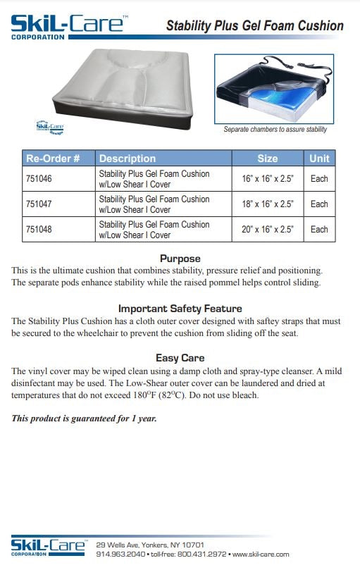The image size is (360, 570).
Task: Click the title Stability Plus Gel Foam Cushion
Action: click(254, 26)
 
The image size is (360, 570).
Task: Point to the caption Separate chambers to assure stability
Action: click(275, 130)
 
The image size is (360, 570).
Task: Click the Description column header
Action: click(127, 158)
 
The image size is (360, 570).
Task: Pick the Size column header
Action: click(267, 158)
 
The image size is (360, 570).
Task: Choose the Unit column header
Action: click(319, 158)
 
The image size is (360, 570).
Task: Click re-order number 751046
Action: click(38, 178)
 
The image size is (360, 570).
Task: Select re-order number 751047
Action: click(38, 204)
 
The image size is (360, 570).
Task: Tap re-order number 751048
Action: click(38, 229)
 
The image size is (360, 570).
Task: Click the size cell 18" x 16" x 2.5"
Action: click(267, 204)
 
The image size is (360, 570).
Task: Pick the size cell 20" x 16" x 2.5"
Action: click(267, 229)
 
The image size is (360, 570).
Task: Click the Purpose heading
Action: click(180, 259)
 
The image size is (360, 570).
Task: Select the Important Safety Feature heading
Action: click(180, 309)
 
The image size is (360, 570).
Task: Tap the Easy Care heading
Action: click(180, 358)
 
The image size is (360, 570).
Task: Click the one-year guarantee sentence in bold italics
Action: click(84, 419)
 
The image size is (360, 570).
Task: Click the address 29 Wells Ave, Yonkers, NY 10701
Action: click(150, 545)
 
